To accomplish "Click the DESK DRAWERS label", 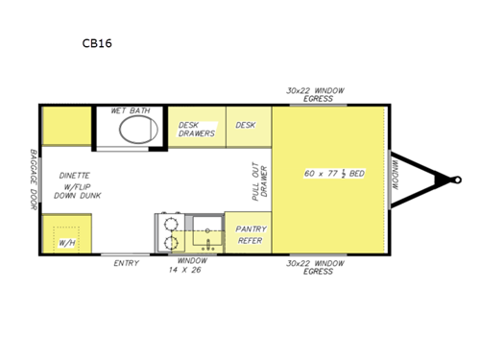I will [x=197, y=130].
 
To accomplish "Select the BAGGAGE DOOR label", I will [x=32, y=179].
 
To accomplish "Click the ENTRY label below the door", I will [x=126, y=263].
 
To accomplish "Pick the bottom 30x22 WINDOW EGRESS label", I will [x=315, y=267].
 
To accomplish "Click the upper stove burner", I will [x=170, y=223].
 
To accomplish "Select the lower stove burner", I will [x=170, y=243].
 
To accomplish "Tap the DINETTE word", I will [x=74, y=176].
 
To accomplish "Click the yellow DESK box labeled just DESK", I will [x=247, y=126].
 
